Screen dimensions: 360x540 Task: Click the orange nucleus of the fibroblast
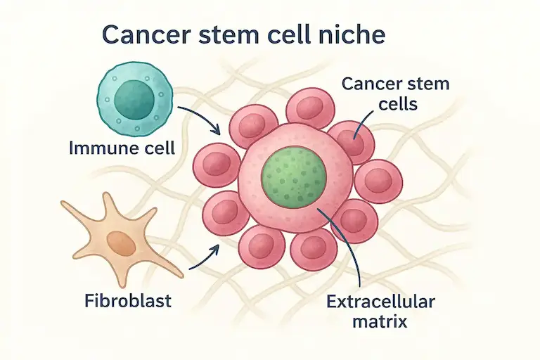pos(121,243)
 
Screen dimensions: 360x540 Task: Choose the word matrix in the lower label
pos(380,324)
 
